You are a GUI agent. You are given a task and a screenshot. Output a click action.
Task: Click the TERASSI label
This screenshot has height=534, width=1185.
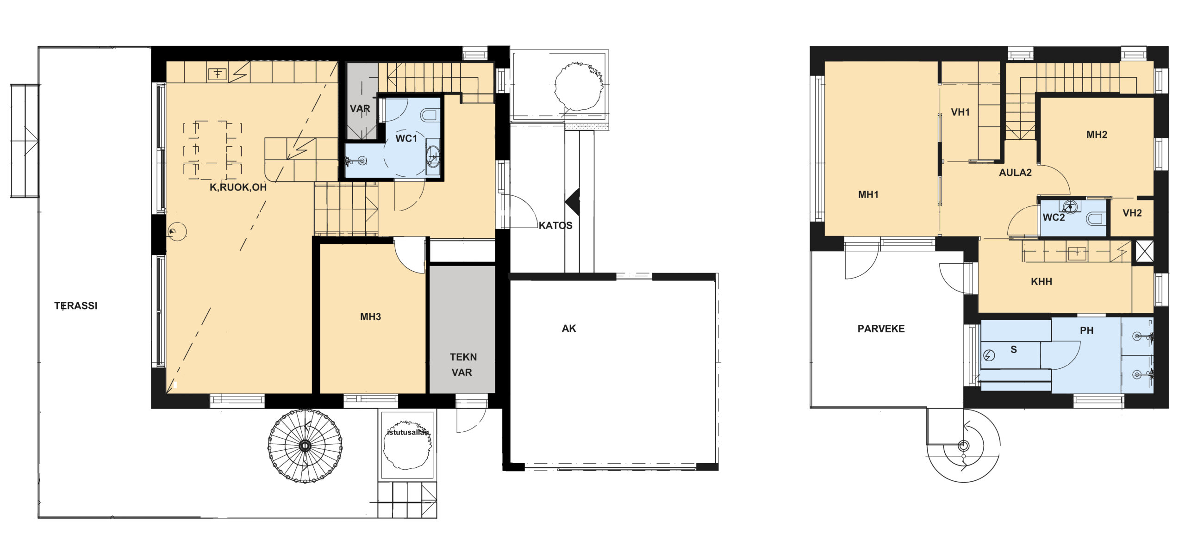click(76, 306)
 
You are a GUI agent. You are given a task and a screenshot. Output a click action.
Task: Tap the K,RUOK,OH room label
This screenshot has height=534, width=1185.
click(238, 187)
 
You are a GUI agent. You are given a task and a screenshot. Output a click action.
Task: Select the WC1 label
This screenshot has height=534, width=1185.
click(406, 138)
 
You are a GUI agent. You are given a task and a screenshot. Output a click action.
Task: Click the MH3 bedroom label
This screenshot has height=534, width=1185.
click(371, 317)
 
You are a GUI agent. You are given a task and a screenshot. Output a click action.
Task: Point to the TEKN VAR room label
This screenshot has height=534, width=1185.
click(463, 365)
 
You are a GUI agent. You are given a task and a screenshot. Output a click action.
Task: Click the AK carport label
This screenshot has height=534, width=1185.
click(569, 329)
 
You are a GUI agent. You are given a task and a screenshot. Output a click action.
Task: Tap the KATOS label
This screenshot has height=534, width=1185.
click(555, 225)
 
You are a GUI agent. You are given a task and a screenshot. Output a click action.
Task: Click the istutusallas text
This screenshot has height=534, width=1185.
click(408, 433)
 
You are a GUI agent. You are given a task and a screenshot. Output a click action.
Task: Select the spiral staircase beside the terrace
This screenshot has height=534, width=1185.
click(305, 446)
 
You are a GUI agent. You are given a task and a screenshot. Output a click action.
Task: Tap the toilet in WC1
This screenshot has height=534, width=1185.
click(430, 115)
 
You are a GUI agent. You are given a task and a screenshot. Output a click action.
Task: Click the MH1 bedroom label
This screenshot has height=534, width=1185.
click(868, 195)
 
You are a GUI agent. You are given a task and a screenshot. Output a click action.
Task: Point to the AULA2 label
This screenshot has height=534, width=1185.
click(1015, 173)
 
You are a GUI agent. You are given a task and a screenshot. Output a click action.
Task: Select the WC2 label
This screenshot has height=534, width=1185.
click(1054, 217)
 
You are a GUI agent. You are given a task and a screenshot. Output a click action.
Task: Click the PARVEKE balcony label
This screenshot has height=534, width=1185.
click(881, 329)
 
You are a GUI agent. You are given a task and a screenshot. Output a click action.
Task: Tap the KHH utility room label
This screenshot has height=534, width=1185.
click(1042, 282)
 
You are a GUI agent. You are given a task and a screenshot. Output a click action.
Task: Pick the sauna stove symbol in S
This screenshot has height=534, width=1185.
click(989, 355)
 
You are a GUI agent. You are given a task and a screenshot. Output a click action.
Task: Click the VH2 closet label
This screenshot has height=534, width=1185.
click(1132, 213)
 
